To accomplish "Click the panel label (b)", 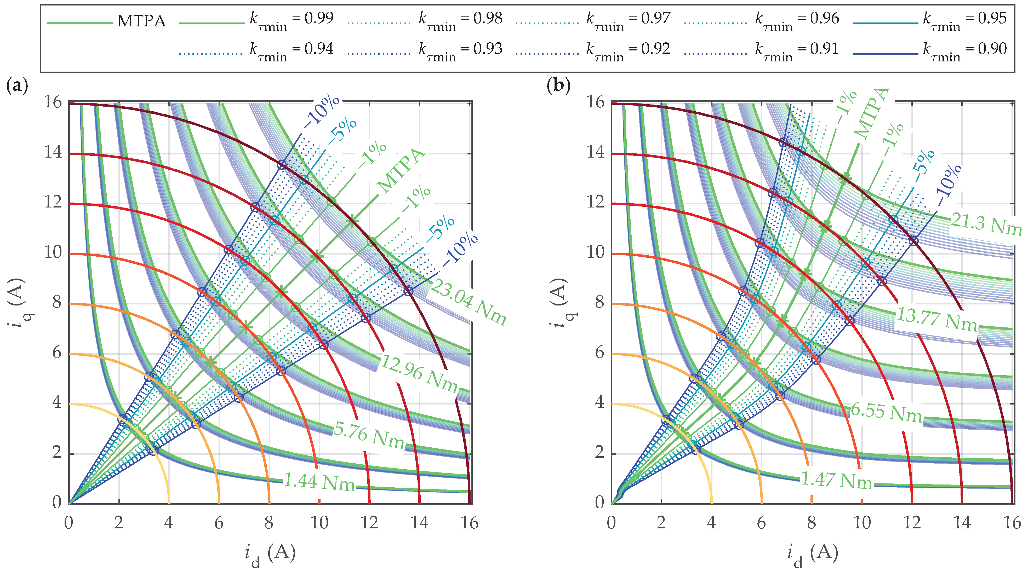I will [x=559, y=85].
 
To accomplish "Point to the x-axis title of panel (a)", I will [x=270, y=554].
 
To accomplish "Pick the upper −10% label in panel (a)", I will [x=322, y=112].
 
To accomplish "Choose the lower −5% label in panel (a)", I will [x=440, y=229].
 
